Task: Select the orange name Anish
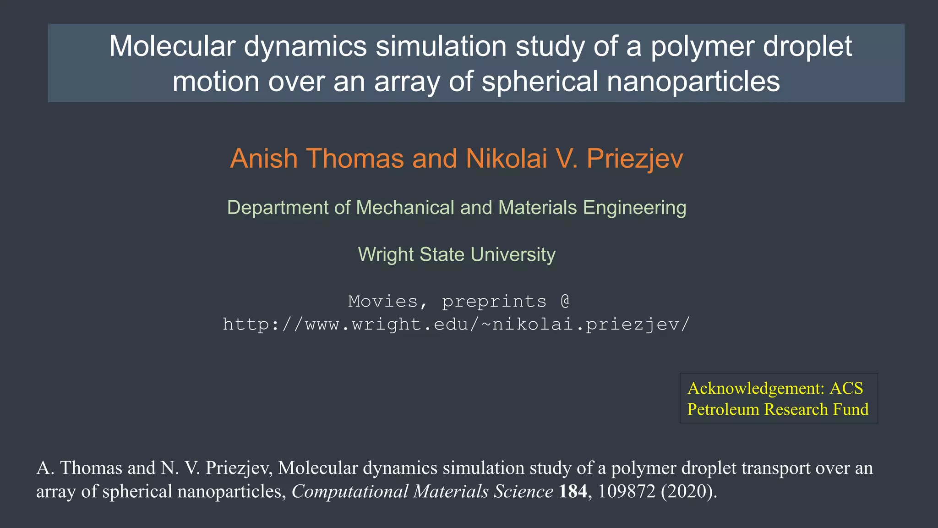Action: [x=264, y=159]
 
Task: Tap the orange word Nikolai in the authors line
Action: [x=506, y=159]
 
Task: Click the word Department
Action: [x=278, y=208]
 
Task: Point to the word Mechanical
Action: [x=405, y=208]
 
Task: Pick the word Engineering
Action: [x=634, y=208]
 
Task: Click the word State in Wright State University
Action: [x=442, y=254]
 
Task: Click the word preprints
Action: [x=494, y=302]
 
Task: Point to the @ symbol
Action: [x=565, y=302]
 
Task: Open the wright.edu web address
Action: [x=456, y=324]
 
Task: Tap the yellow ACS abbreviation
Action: [x=846, y=388]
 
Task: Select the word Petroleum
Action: [x=722, y=409]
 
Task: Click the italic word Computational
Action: [x=350, y=491]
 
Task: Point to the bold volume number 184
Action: [x=573, y=491]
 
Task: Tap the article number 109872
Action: [x=627, y=491]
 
